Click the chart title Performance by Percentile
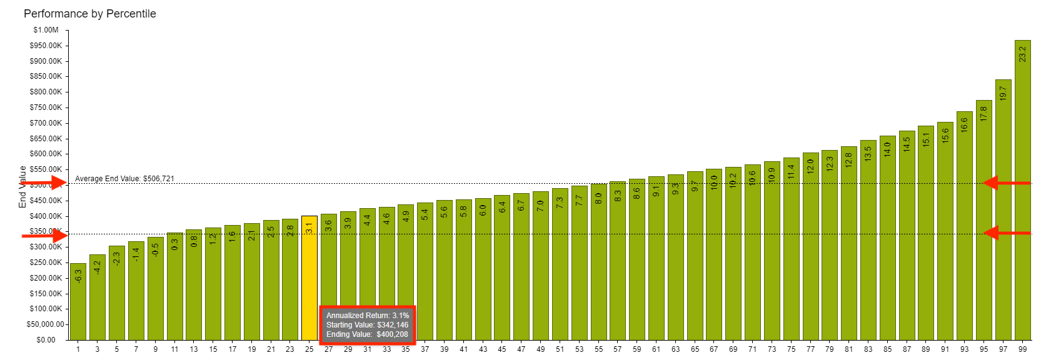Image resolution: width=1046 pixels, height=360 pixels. click(x=89, y=14)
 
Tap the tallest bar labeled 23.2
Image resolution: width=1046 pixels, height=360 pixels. click(x=1022, y=187)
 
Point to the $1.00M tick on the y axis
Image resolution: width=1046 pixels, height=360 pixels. click(x=46, y=30)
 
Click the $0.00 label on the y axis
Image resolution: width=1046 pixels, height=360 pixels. click(x=46, y=340)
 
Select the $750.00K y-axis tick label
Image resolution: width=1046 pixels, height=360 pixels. click(x=46, y=107)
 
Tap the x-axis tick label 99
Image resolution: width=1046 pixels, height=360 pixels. click(x=1022, y=349)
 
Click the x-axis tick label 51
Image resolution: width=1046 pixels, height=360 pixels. click(x=560, y=349)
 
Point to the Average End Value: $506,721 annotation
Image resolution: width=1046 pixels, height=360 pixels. click(x=124, y=179)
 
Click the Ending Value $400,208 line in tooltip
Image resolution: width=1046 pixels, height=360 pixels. click(x=367, y=334)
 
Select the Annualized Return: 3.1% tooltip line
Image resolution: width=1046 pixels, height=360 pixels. click(x=367, y=316)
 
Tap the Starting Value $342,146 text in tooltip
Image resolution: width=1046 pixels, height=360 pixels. click(x=367, y=325)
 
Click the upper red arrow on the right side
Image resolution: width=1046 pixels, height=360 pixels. click(x=1006, y=183)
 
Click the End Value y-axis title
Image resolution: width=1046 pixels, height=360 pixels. click(x=23, y=186)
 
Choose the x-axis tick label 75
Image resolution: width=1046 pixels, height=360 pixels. click(x=791, y=349)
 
